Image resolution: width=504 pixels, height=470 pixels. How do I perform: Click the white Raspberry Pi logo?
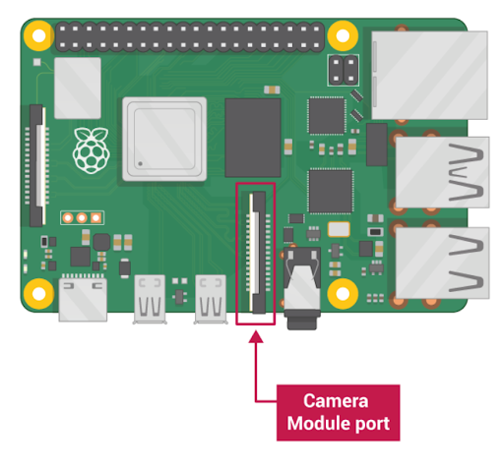[91, 150]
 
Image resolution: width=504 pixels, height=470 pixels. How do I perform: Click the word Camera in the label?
[336, 400]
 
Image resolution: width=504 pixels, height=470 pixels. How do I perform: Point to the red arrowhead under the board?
[256, 337]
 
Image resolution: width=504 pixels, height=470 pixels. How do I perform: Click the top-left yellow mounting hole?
[38, 35]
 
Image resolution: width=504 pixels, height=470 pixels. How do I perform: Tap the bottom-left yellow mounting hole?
[38, 294]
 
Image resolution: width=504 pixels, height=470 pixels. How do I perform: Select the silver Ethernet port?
[429, 75]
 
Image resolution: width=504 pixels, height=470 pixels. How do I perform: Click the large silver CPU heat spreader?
[164, 139]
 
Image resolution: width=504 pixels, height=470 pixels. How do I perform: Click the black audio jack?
[302, 288]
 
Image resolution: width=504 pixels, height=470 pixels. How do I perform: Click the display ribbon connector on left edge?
[36, 165]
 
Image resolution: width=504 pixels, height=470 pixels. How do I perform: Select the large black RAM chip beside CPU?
[253, 138]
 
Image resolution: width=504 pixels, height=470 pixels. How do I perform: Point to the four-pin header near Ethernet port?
[344, 70]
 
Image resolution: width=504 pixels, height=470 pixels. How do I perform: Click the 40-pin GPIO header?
[190, 36]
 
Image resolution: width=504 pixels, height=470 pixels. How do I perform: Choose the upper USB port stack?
[442, 172]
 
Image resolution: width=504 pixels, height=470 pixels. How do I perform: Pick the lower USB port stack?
[442, 263]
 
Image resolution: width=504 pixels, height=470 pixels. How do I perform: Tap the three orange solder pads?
[82, 217]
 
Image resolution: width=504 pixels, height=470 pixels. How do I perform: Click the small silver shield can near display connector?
[78, 88]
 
